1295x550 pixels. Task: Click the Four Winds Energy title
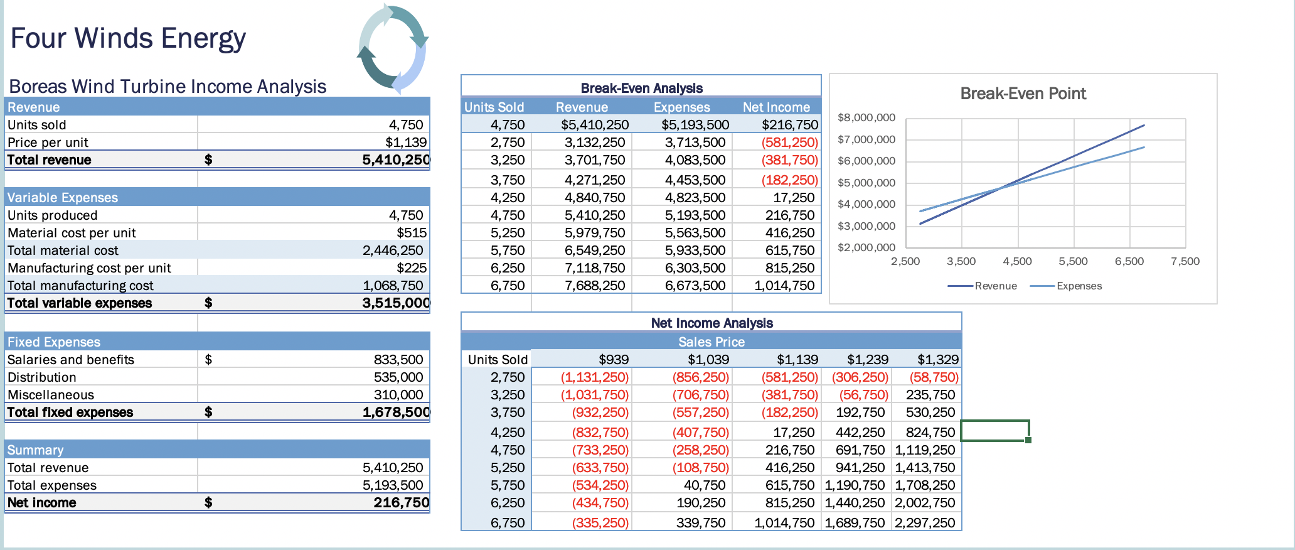(128, 38)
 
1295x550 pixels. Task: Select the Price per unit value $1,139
(405, 143)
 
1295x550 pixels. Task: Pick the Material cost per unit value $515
(411, 233)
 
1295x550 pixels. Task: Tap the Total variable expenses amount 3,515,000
(396, 303)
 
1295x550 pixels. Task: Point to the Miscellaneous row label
(51, 395)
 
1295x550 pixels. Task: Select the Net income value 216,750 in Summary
(401, 503)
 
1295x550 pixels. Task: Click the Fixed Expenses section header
(54, 342)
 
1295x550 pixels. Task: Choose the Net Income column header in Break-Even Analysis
(776, 107)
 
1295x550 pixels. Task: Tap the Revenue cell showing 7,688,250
(594, 286)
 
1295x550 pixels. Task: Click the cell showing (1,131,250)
(594, 377)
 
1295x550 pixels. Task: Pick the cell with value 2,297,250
(925, 523)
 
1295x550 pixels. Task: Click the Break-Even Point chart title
(1023, 94)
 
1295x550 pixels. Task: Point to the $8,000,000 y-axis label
(866, 117)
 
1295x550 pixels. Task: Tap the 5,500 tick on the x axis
(1073, 261)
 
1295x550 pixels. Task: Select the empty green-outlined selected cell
(994, 431)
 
